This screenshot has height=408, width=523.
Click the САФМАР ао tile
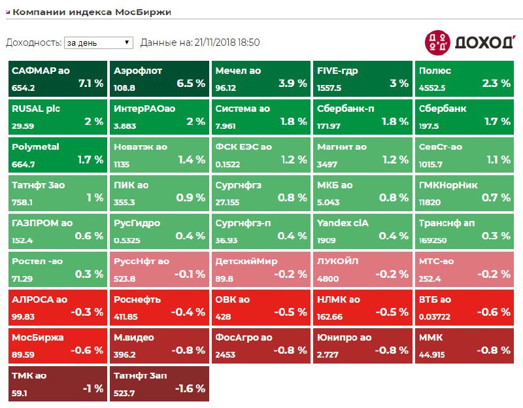pyautogui.click(x=58, y=79)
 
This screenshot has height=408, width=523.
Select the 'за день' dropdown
pyautogui.click(x=98, y=42)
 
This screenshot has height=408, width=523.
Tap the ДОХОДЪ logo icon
pyautogui.click(x=437, y=42)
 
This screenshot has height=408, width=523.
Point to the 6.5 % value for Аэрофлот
pyautogui.click(x=191, y=84)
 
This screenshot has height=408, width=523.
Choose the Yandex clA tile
pyautogui.click(x=362, y=229)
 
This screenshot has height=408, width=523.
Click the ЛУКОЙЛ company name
pyautogui.click(x=337, y=261)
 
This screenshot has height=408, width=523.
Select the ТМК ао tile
pyautogui.click(x=58, y=383)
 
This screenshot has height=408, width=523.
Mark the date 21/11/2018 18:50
pyautogui.click(x=227, y=42)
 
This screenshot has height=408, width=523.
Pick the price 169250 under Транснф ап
pyautogui.click(x=433, y=240)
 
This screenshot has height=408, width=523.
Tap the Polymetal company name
pyautogui.click(x=35, y=147)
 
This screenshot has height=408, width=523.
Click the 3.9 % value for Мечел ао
pyautogui.click(x=292, y=84)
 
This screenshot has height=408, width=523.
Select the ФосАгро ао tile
pyautogui.click(x=261, y=344)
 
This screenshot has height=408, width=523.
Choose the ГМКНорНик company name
pyautogui.click(x=450, y=185)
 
